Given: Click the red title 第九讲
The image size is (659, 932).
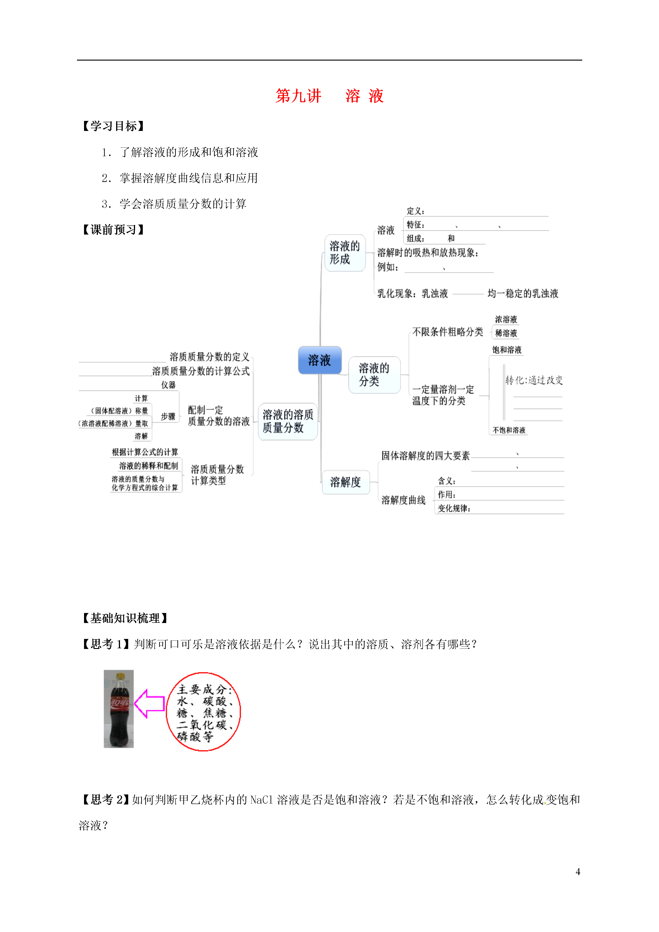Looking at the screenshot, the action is [x=299, y=96].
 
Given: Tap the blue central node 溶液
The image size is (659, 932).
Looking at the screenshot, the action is [x=319, y=360].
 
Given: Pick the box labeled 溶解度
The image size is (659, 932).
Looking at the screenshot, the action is [x=345, y=482].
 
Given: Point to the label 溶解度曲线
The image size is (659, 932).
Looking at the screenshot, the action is [x=403, y=500].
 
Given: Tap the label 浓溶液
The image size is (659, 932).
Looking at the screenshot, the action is [x=506, y=319].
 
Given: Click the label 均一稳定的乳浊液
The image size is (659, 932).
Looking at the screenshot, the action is [x=523, y=294].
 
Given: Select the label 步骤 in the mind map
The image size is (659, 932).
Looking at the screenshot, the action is [x=168, y=416].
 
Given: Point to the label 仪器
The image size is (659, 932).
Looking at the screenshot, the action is [x=169, y=385].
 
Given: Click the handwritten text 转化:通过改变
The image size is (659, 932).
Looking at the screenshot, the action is [x=534, y=380].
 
